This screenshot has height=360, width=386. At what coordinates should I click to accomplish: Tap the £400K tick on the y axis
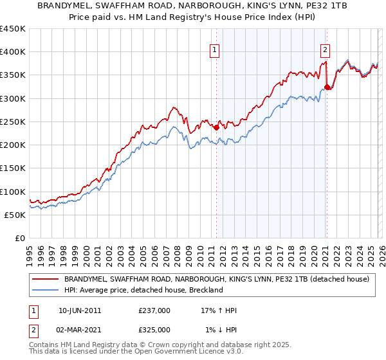click(13, 52)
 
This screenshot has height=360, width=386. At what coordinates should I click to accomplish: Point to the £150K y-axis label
click(13, 168)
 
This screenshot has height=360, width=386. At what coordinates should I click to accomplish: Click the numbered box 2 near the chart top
click(325, 49)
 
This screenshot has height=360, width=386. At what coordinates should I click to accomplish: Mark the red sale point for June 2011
click(216, 127)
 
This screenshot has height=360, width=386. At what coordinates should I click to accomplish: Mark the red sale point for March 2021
click(327, 87)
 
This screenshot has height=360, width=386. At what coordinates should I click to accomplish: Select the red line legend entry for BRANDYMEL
click(216, 279)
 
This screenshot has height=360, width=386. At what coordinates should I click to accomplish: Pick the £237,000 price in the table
click(154, 310)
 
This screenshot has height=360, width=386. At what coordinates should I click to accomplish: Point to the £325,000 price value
click(154, 329)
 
